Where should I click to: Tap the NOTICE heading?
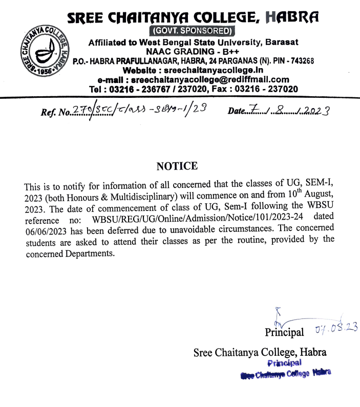[x=177, y=166]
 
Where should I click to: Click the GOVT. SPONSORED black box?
[x=192, y=30]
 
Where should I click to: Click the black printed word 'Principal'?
[x=284, y=332]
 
